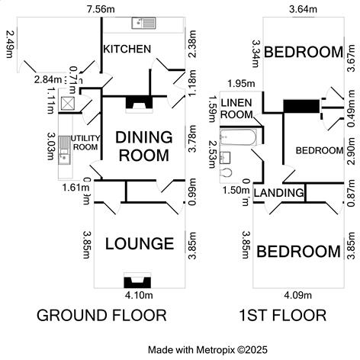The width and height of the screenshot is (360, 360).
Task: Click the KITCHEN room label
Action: point(127,50)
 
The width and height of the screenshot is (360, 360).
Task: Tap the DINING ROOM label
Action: point(142,146)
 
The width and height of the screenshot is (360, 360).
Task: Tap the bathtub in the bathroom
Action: point(237,137)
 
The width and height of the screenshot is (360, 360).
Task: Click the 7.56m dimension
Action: point(101,8)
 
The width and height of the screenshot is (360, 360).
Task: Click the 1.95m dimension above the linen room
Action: point(234,83)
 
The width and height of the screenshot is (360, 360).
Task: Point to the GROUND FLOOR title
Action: point(101,315)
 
